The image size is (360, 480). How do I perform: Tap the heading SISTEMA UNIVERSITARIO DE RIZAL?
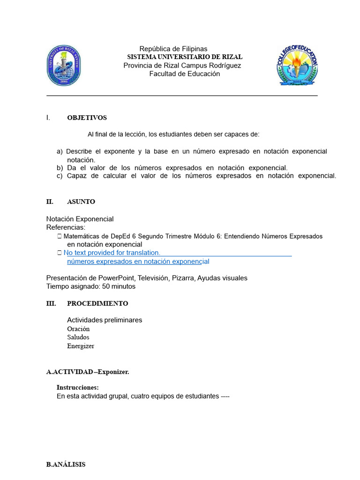[x=185, y=57]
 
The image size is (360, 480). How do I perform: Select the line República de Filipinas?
[x=173, y=49]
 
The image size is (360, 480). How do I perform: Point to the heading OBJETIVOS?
[x=87, y=118]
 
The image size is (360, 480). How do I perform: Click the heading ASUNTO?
[x=81, y=202]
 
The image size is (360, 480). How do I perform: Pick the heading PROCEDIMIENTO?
[x=97, y=303]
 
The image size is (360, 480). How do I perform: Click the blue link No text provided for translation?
[x=112, y=253]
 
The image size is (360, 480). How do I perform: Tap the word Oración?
[x=78, y=329]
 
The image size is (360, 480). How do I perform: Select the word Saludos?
[x=78, y=337]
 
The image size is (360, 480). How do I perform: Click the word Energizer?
[x=81, y=346]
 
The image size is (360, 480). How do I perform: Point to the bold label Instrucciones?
[x=77, y=388]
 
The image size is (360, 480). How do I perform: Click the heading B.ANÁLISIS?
[x=66, y=465]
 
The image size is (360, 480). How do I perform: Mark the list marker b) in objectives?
[x=60, y=168]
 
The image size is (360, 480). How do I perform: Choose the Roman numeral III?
[x=51, y=303]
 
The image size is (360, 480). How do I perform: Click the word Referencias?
[x=66, y=227]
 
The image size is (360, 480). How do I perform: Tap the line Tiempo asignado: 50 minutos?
[x=91, y=286]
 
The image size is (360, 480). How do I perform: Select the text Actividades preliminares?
[x=105, y=320]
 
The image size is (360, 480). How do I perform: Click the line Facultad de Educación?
[x=184, y=74]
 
